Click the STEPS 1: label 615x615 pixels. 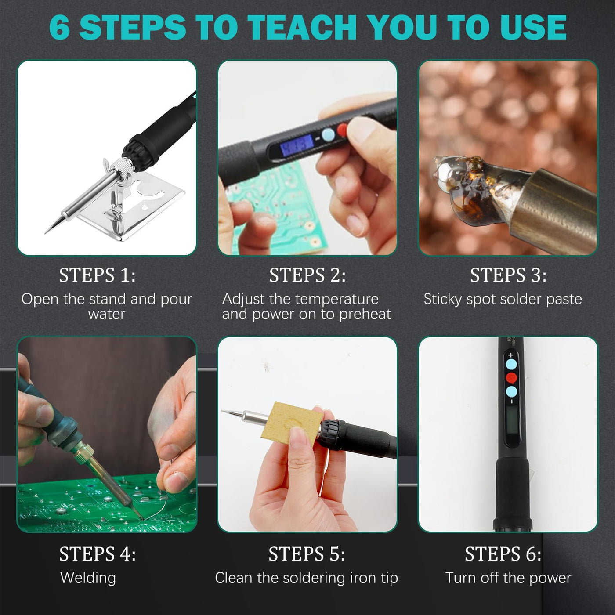tap(98, 275)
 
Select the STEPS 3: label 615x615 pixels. tap(508, 275)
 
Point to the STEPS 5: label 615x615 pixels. tap(307, 554)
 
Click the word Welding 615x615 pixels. tap(88, 578)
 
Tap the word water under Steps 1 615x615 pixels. tap(107, 315)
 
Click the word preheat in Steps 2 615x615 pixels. tap(365, 315)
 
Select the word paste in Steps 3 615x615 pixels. tap(564, 299)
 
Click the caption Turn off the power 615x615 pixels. tap(508, 578)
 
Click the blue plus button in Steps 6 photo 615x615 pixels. tap(511, 365)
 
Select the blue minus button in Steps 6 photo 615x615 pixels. tap(511, 391)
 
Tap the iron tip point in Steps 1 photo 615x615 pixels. tap(45, 233)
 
